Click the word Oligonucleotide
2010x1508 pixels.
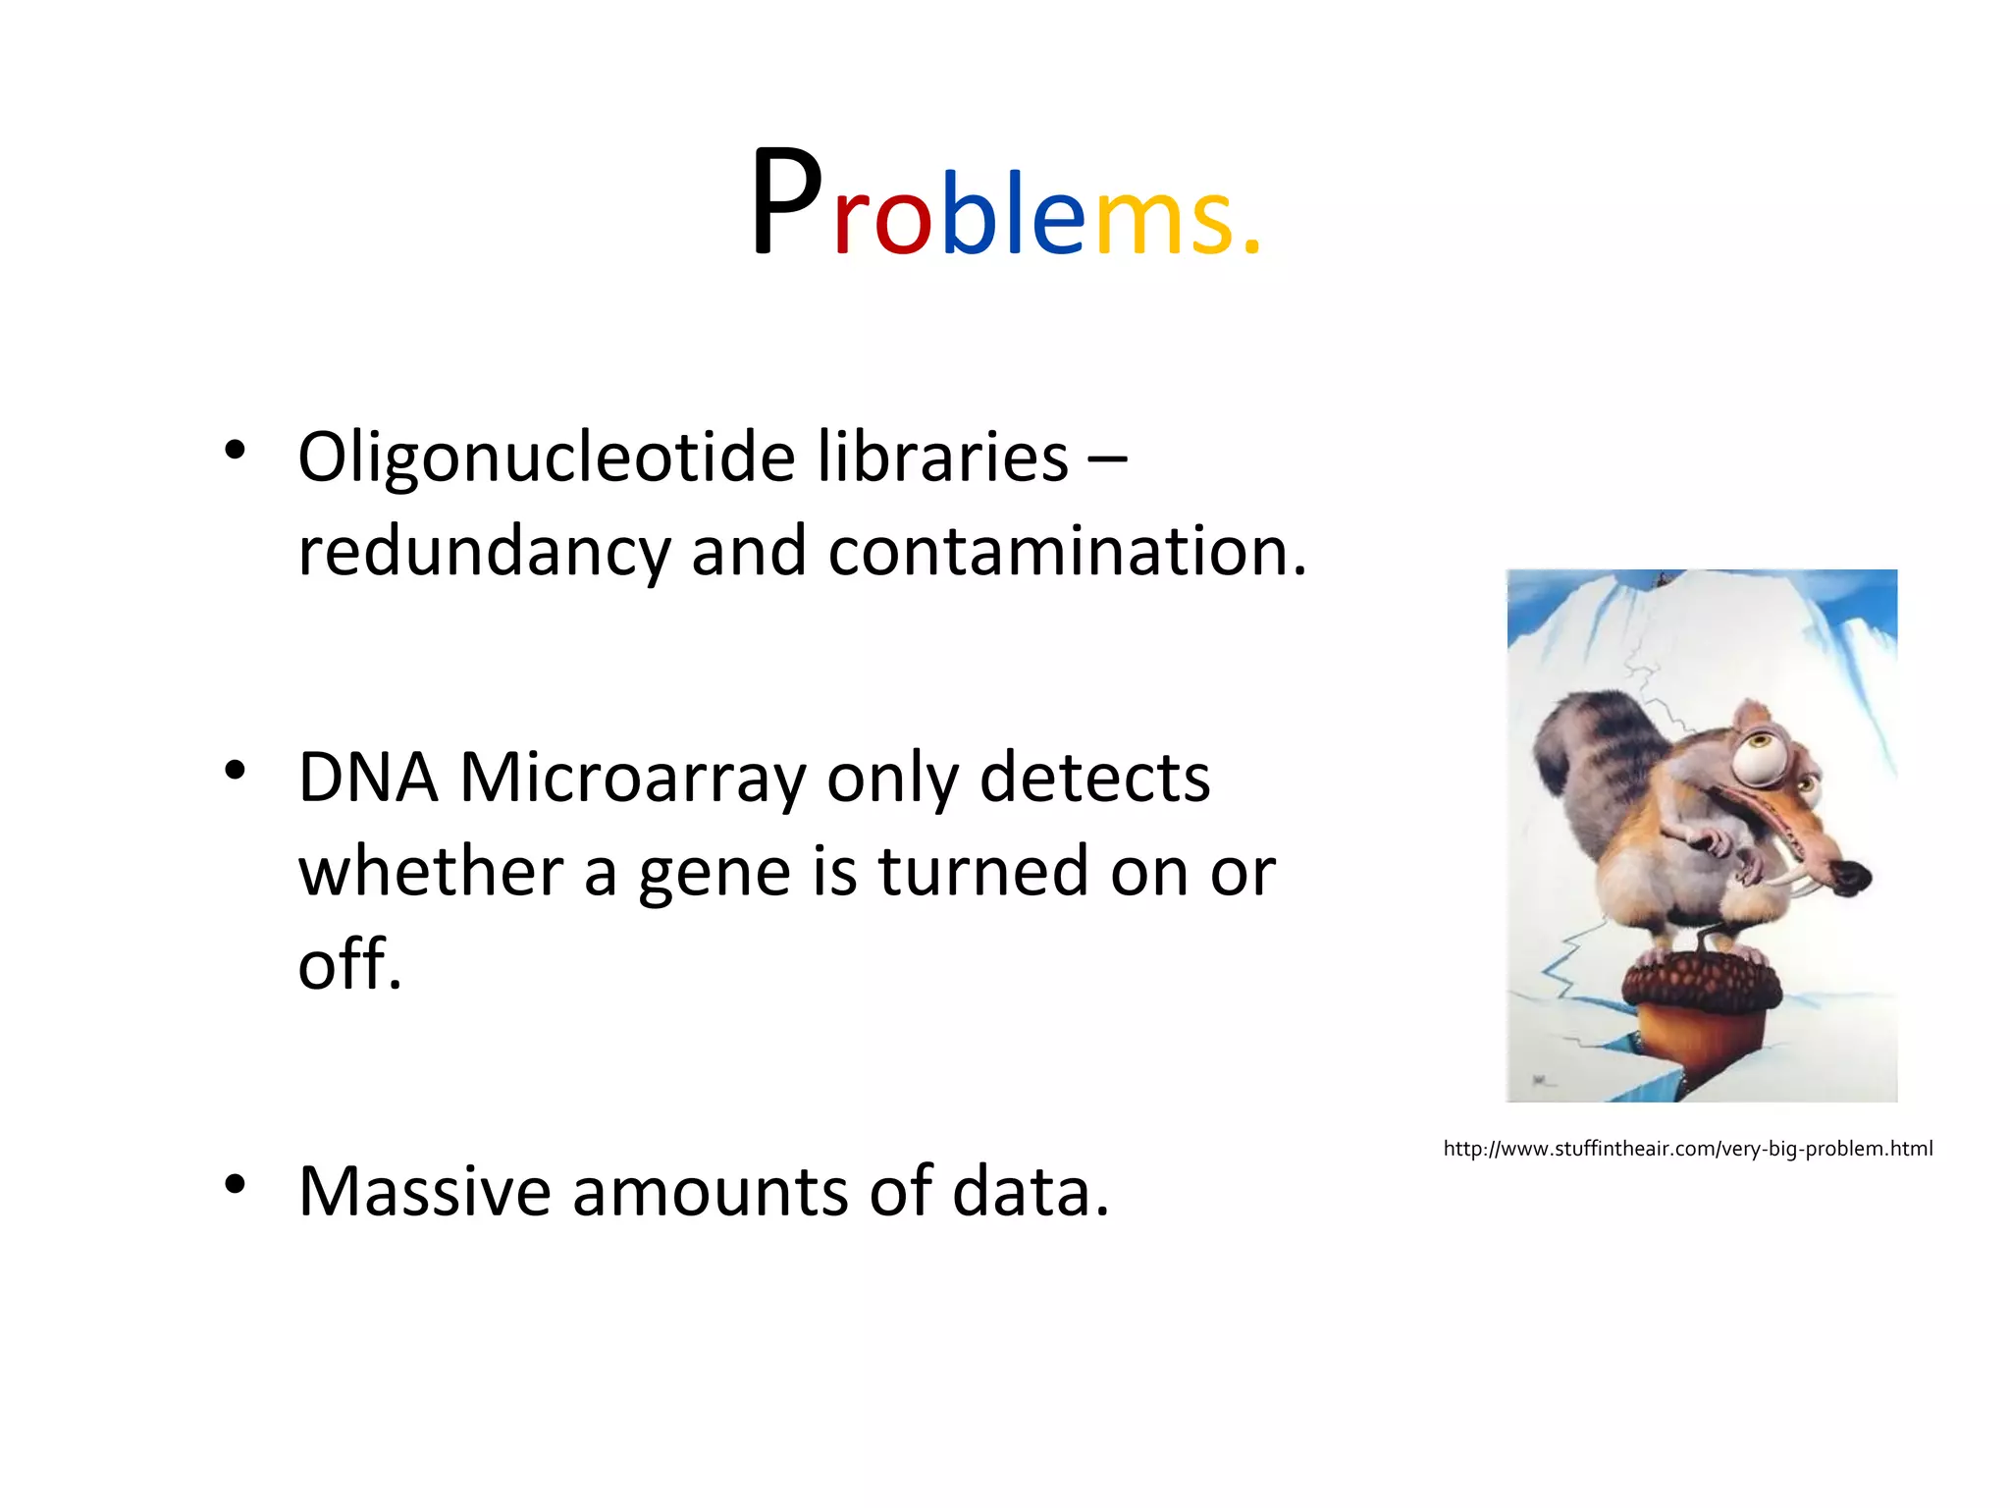(546, 458)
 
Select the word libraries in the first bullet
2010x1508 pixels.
(942, 458)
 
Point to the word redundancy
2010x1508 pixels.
(484, 553)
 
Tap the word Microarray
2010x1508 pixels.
(632, 778)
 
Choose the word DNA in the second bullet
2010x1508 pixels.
(368, 778)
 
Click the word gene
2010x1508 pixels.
(714, 872)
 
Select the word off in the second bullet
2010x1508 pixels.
(348, 964)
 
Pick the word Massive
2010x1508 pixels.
(424, 1192)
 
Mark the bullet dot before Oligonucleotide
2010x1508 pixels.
(235, 451)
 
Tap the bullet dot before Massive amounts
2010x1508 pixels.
(235, 1185)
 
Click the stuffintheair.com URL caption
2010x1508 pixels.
(1688, 1149)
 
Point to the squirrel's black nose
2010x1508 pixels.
(1850, 877)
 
